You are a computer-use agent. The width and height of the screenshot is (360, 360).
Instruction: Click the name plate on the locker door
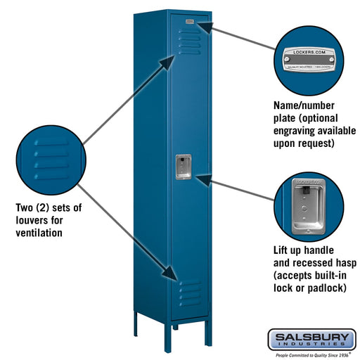[189, 22]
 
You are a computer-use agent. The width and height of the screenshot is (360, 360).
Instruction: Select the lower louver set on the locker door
[188, 293]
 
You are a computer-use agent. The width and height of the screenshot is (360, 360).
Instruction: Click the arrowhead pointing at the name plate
[201, 26]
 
